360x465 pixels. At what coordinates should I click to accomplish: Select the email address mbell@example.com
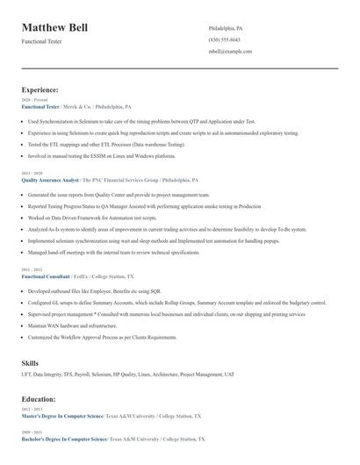click(x=231, y=52)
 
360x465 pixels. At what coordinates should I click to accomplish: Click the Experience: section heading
click(x=40, y=89)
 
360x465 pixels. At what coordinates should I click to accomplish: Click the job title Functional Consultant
click(x=47, y=275)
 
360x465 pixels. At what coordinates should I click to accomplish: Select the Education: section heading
click(x=40, y=397)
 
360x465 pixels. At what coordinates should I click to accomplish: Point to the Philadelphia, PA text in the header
click(x=226, y=29)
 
